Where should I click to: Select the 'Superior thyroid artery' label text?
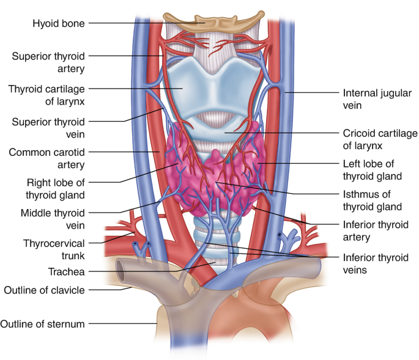click(48, 62)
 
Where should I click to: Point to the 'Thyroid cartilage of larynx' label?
click(46, 95)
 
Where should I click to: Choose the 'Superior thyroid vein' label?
click(48, 128)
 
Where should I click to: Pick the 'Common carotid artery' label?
click(46, 158)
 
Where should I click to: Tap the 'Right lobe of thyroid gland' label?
click(55, 188)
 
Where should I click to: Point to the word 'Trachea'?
click(67, 271)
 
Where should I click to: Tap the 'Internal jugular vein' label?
click(368, 99)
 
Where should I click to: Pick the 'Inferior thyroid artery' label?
click(376, 230)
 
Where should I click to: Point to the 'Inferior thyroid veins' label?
click(376, 263)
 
